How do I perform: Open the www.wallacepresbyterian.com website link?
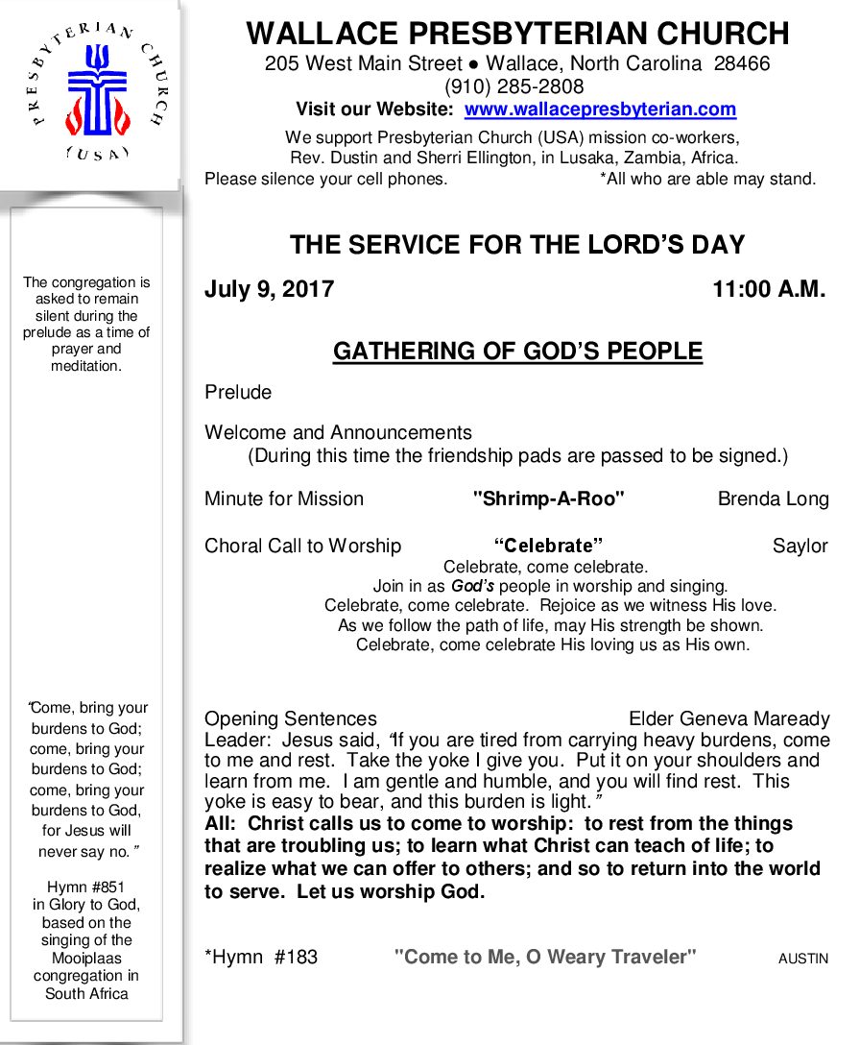600,109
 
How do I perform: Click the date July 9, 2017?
269,290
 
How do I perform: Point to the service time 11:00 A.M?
769,290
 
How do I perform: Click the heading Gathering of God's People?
517,352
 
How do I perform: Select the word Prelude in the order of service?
238,392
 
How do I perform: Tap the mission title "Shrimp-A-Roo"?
549,498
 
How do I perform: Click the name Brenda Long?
773,498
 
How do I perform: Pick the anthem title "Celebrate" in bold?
548,546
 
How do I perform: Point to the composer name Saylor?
800,546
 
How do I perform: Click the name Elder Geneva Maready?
729,718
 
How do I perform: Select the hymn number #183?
296,957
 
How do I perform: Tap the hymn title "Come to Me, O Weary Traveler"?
545,957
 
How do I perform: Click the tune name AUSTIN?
802,958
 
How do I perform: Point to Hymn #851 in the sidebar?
86,887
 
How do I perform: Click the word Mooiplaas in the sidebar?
86,958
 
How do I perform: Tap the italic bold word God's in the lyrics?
473,585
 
